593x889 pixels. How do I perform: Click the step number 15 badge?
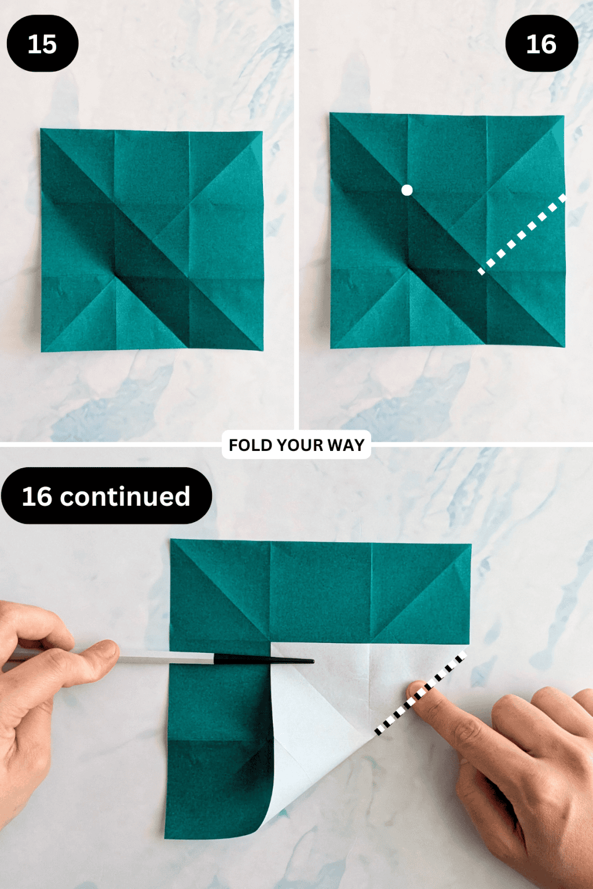click(42, 44)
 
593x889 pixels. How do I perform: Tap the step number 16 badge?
click(541, 44)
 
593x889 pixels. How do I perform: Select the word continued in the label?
click(125, 497)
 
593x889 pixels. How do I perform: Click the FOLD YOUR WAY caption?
click(296, 445)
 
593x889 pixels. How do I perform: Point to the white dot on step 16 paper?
click(407, 190)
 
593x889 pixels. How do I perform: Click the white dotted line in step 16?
click(521, 235)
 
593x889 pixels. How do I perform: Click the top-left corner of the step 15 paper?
click(41, 130)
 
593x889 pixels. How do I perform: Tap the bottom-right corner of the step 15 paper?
click(262, 350)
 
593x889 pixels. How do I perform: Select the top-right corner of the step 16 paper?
click(563, 116)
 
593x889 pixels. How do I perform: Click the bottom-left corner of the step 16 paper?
click(331, 348)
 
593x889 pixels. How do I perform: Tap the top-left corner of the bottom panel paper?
click(171, 539)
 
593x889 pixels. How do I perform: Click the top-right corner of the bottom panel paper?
click(471, 544)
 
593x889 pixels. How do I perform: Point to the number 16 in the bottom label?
click(37, 497)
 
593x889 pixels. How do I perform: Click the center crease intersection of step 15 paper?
click(152, 240)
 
